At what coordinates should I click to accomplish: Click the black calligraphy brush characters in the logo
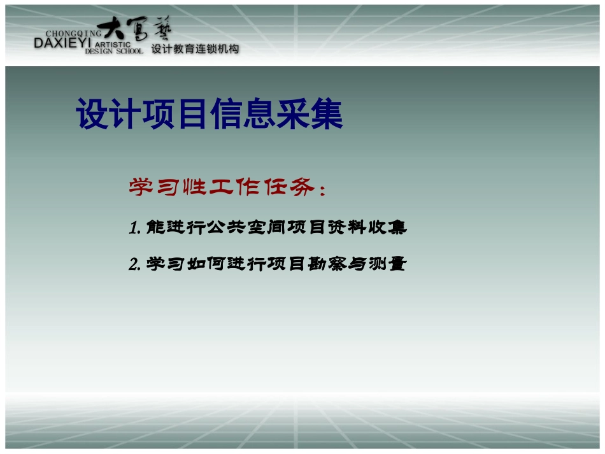[138, 29]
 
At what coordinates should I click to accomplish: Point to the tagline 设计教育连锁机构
[195, 49]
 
